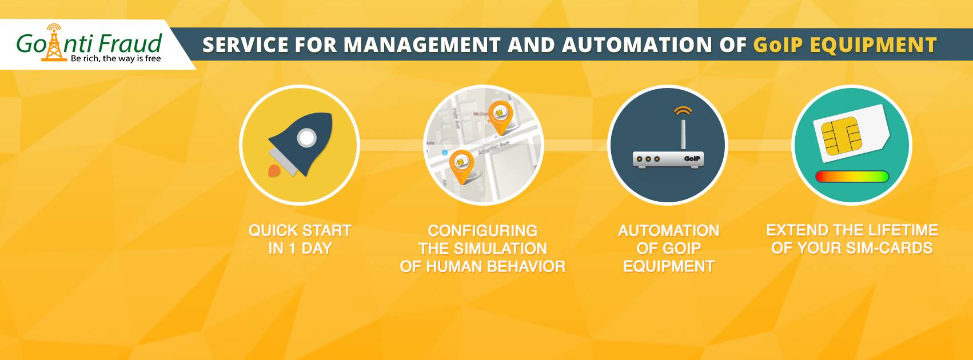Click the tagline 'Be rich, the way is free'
[x=116, y=59]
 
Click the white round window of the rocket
[x=306, y=138]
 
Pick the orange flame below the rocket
[x=274, y=171]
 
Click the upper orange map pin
[x=501, y=117]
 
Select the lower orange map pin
[x=461, y=166]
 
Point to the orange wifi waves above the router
[x=683, y=111]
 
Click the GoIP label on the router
[x=692, y=158]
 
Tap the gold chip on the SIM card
[x=842, y=136]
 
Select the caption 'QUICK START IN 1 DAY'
[x=300, y=239]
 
